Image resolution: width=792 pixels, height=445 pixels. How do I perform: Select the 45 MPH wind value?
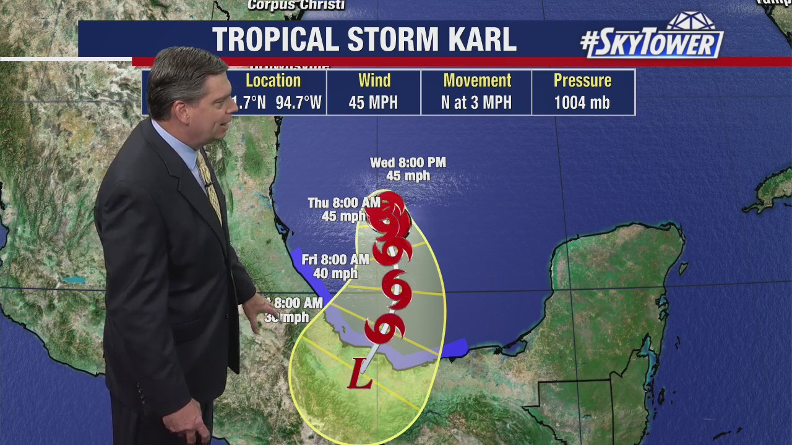pos(373,103)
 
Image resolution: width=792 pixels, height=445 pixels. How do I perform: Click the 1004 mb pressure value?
pos(582,103)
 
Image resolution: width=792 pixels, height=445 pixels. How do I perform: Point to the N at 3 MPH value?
pos(476,103)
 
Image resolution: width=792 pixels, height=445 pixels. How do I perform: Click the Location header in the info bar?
pos(273,81)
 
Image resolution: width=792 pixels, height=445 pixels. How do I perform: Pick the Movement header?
pos(477,81)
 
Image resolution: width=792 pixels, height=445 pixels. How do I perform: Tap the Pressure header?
pos(582,81)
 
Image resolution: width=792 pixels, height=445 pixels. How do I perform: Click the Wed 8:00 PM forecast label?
pos(408,163)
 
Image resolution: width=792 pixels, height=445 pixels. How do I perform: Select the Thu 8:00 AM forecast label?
pos(344,203)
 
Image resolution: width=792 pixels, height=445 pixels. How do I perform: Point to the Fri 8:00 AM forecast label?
pos(335,260)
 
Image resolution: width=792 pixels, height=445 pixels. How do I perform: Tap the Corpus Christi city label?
pos(296,6)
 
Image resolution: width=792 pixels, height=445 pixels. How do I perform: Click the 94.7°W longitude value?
pos(298,103)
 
